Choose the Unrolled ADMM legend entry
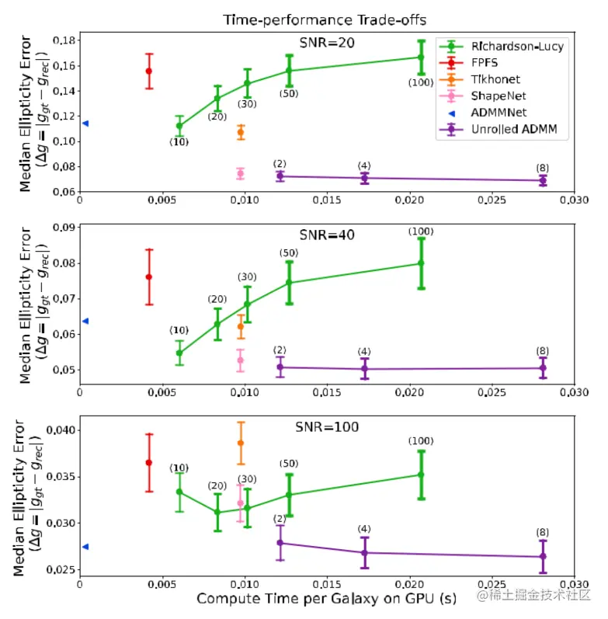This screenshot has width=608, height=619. [513, 130]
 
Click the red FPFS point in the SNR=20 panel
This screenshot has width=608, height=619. [149, 71]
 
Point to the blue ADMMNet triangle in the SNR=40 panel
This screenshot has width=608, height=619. [85, 321]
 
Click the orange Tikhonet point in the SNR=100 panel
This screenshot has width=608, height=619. [241, 443]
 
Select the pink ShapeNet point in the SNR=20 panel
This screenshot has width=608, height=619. [241, 173]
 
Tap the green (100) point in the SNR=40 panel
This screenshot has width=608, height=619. [421, 263]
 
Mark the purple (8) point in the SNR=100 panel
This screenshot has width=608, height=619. [543, 556]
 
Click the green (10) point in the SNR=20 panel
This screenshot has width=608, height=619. [179, 126]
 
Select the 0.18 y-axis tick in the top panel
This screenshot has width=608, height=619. [63, 40]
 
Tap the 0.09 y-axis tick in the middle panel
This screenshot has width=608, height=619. [63, 228]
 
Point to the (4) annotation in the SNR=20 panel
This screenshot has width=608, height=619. [364, 166]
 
